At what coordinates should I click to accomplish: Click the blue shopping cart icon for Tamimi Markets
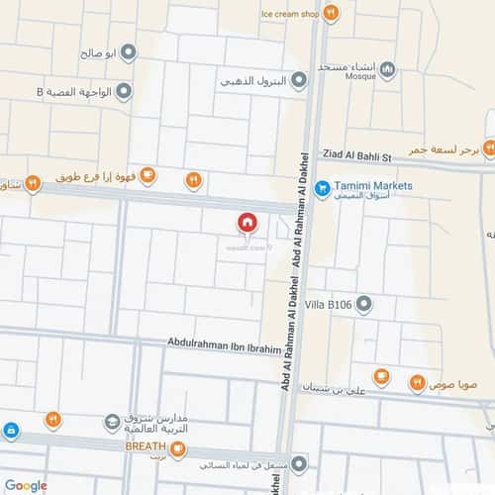[x=321, y=186]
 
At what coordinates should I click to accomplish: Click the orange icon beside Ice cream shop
[x=331, y=13]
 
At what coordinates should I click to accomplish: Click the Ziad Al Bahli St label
[x=357, y=156]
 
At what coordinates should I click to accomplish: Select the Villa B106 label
[x=332, y=303]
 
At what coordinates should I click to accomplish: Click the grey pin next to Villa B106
[x=363, y=303]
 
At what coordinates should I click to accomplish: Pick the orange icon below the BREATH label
[x=177, y=449]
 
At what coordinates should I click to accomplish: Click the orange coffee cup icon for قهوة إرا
[x=148, y=176]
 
